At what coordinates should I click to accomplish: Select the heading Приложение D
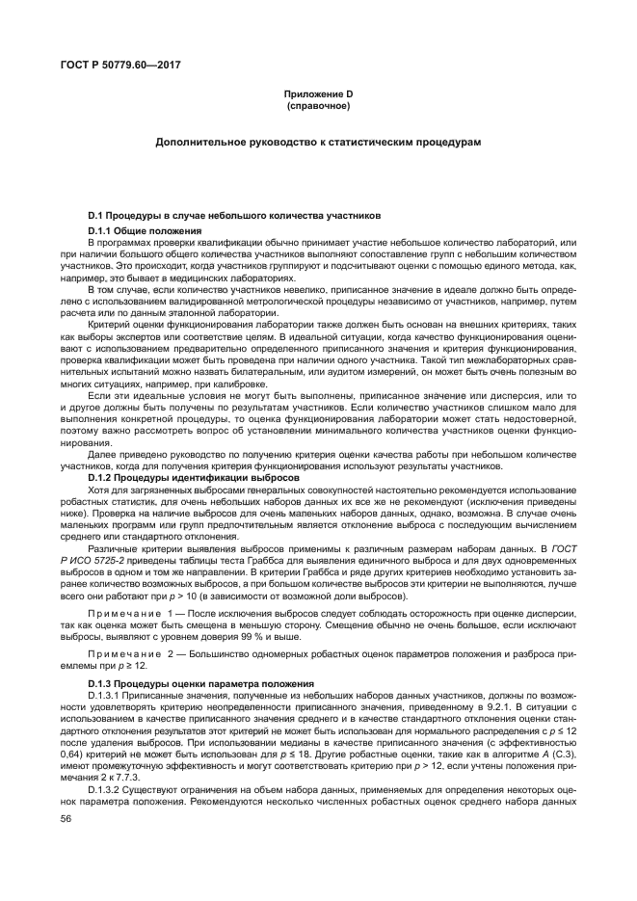click(x=318, y=93)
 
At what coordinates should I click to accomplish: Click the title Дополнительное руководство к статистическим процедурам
click(x=318, y=143)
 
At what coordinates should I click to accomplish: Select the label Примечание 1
click(x=131, y=613)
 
